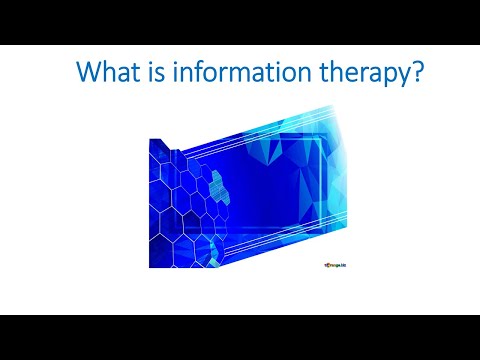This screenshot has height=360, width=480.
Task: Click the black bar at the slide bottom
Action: pyautogui.click(x=240, y=337)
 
